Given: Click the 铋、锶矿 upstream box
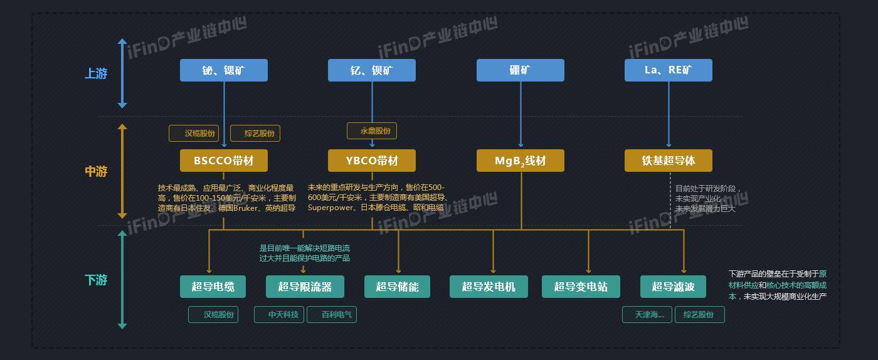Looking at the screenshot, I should [223, 70].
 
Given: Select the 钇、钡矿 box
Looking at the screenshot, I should [372, 70].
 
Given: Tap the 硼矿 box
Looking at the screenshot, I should [520, 70].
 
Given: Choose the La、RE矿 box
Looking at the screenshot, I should [668, 70].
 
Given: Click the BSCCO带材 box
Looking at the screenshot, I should [223, 161].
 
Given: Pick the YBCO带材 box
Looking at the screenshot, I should [372, 161].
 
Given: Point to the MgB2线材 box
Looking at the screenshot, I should [520, 161].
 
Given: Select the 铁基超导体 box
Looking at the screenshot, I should [668, 161].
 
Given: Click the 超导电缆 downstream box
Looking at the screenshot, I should [213, 287].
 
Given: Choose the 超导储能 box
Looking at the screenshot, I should [397, 287].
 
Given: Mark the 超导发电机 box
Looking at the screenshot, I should [489, 287].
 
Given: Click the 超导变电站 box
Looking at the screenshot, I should [581, 287].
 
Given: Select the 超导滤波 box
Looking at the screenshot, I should [673, 287].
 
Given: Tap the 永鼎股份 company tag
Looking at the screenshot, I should [372, 131].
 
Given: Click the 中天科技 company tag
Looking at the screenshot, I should [279, 314].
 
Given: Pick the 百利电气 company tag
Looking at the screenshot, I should [332, 314].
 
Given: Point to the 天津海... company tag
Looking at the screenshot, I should [647, 314].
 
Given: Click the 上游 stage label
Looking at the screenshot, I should [96, 74].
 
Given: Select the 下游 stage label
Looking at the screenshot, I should [96, 280].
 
